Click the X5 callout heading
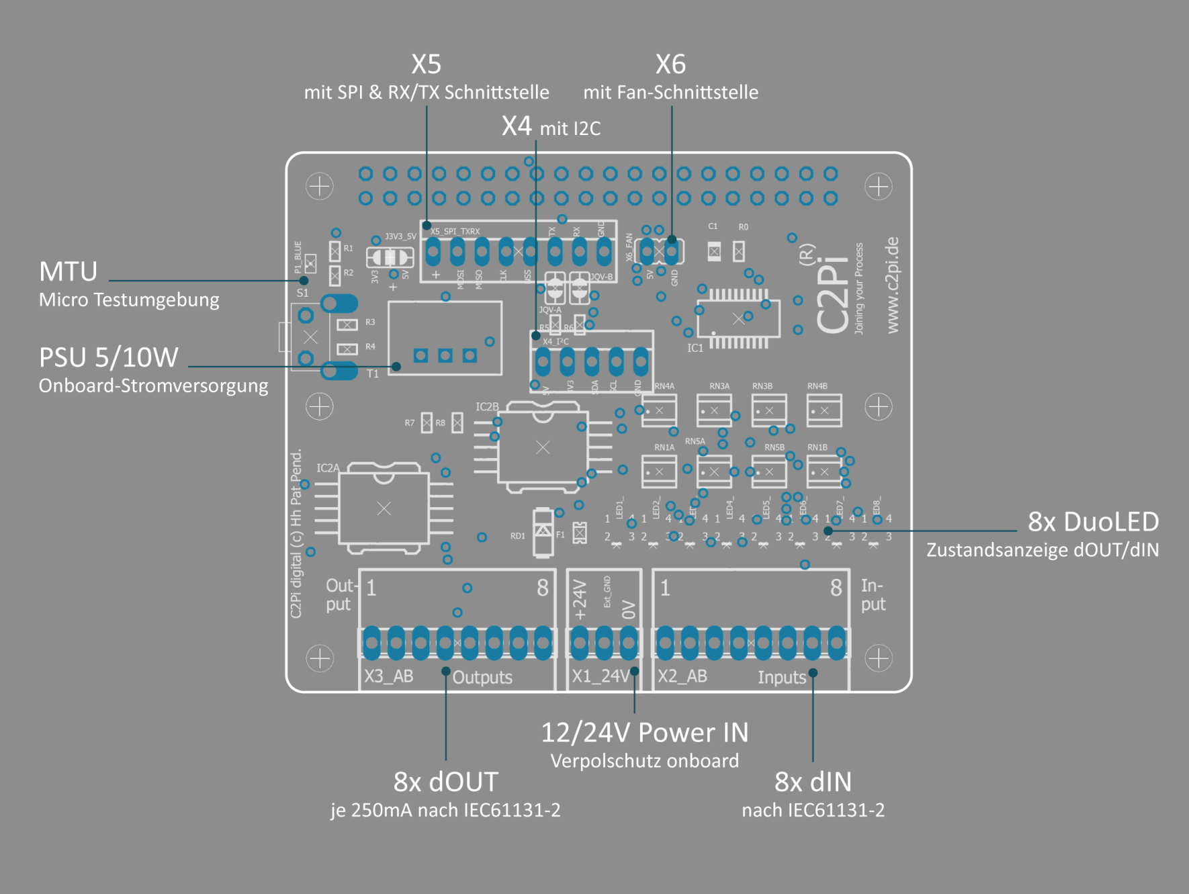(426, 64)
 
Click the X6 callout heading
(670, 64)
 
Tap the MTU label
(68, 271)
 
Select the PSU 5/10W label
(109, 357)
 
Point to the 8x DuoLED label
(1093, 521)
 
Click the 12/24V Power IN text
(644, 732)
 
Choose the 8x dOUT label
(445, 781)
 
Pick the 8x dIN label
(813, 781)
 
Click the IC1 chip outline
(738, 318)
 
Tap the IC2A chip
(384, 508)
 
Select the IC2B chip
(543, 447)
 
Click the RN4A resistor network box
(659, 410)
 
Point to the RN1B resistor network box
(824, 472)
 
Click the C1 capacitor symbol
(714, 252)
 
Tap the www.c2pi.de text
(892, 285)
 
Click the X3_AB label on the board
(388, 675)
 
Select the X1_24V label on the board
(599, 675)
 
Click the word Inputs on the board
(781, 677)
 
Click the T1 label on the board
(373, 373)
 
